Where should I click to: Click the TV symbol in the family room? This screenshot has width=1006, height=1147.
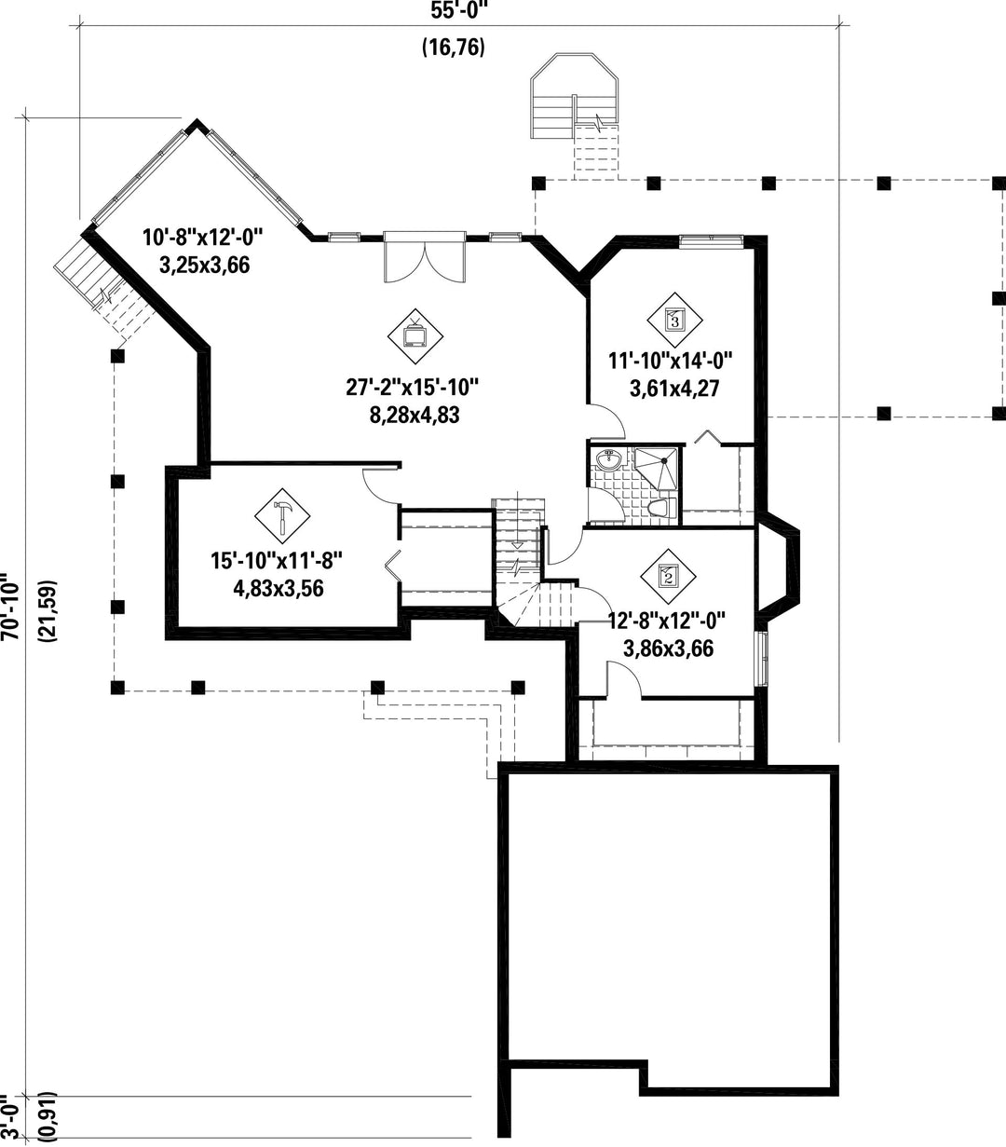coord(415,336)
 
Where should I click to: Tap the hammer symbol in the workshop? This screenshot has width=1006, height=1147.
coord(282,516)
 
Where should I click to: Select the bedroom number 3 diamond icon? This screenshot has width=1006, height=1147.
coord(674,320)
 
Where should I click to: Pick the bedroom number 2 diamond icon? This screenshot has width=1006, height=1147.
coord(668,576)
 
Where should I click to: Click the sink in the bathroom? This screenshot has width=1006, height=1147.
coord(608,458)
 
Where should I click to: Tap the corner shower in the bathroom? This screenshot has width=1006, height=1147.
coord(657,468)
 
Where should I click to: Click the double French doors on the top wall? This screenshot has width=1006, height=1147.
coord(425,256)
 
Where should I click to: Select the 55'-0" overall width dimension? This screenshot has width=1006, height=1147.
coord(458,10)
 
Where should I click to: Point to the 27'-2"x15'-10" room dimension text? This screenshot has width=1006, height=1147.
coord(413,388)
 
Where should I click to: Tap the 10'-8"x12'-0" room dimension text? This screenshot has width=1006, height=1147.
coord(203,238)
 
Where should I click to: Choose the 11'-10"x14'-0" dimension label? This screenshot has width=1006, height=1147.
coord(671,360)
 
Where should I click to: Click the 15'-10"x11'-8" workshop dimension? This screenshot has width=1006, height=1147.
coord(277,561)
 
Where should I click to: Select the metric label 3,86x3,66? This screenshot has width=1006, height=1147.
coord(668,649)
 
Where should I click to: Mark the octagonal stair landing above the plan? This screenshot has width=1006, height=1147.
coord(574,96)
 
